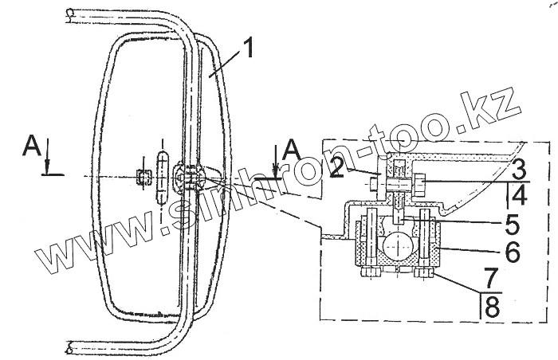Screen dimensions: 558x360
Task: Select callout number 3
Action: click(518, 168)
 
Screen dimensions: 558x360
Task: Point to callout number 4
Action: click(519, 194)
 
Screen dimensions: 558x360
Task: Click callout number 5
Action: click(512, 224)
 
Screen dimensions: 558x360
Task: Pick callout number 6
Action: click(512, 252)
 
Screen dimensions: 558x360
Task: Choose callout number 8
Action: click(492, 307)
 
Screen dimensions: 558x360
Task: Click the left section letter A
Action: click(32, 147)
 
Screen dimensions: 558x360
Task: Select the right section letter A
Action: click(292, 150)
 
